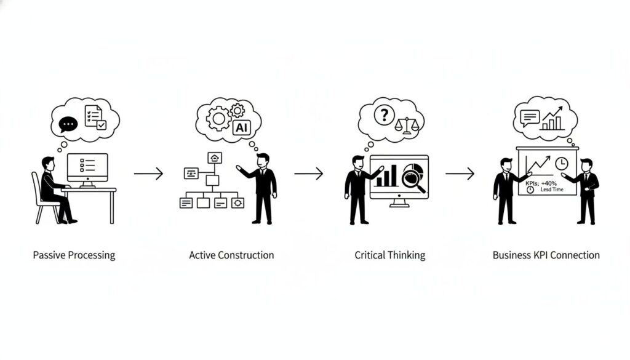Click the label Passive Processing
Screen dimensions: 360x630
(x=74, y=255)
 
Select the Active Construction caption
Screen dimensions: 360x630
(x=231, y=255)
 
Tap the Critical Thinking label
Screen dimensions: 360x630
(x=389, y=255)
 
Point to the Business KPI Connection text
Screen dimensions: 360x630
(x=546, y=255)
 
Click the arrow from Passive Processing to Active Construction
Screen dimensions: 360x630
(x=148, y=174)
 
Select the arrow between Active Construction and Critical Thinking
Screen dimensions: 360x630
(x=308, y=174)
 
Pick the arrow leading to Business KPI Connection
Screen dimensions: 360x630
(x=460, y=174)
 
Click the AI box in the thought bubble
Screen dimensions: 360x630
(x=241, y=127)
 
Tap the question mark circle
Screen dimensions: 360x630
(x=384, y=115)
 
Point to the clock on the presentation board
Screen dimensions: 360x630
(x=560, y=164)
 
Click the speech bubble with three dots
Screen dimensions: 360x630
(x=68, y=124)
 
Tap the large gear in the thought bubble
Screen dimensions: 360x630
(x=219, y=119)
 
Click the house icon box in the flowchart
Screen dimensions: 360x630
(x=215, y=158)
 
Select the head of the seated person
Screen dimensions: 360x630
(x=47, y=164)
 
